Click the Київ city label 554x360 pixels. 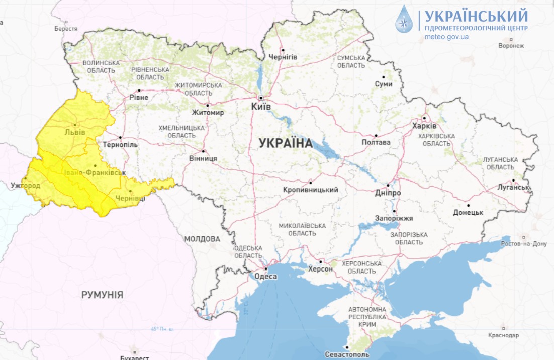click(261, 107)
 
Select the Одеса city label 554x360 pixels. click(266, 276)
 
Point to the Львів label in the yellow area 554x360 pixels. click(75, 132)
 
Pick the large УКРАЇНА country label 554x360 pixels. click(286, 143)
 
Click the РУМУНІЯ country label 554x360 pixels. click(102, 295)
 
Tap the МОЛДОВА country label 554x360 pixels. click(202, 239)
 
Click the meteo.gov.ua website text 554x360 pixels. click(446, 37)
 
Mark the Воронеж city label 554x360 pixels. click(511, 45)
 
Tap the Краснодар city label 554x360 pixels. click(503, 335)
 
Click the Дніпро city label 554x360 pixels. click(388, 193)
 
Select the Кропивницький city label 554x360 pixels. click(310, 190)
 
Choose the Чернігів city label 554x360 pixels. click(283, 57)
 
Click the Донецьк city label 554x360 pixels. click(468, 212)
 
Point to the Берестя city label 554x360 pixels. click(66, 29)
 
